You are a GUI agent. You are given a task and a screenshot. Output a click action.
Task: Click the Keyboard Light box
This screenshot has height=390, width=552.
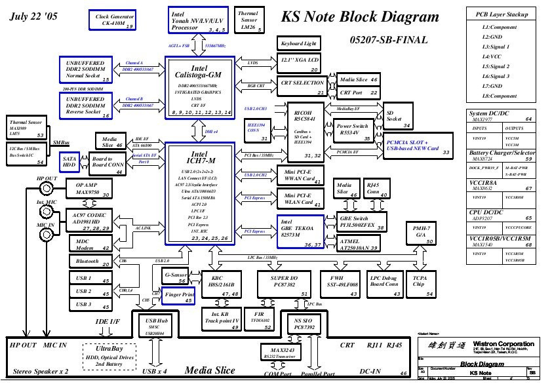[x=298, y=43]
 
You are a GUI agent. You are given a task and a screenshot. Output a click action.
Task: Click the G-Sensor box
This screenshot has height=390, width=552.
[x=176, y=278]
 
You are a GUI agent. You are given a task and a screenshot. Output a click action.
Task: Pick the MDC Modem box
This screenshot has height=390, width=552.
[x=89, y=243]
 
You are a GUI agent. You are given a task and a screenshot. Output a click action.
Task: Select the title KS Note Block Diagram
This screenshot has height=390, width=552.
[x=360, y=17]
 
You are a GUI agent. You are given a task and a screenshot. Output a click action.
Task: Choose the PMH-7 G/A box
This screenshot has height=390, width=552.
[x=420, y=233]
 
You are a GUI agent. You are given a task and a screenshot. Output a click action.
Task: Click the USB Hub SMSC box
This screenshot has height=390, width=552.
[x=155, y=326]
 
